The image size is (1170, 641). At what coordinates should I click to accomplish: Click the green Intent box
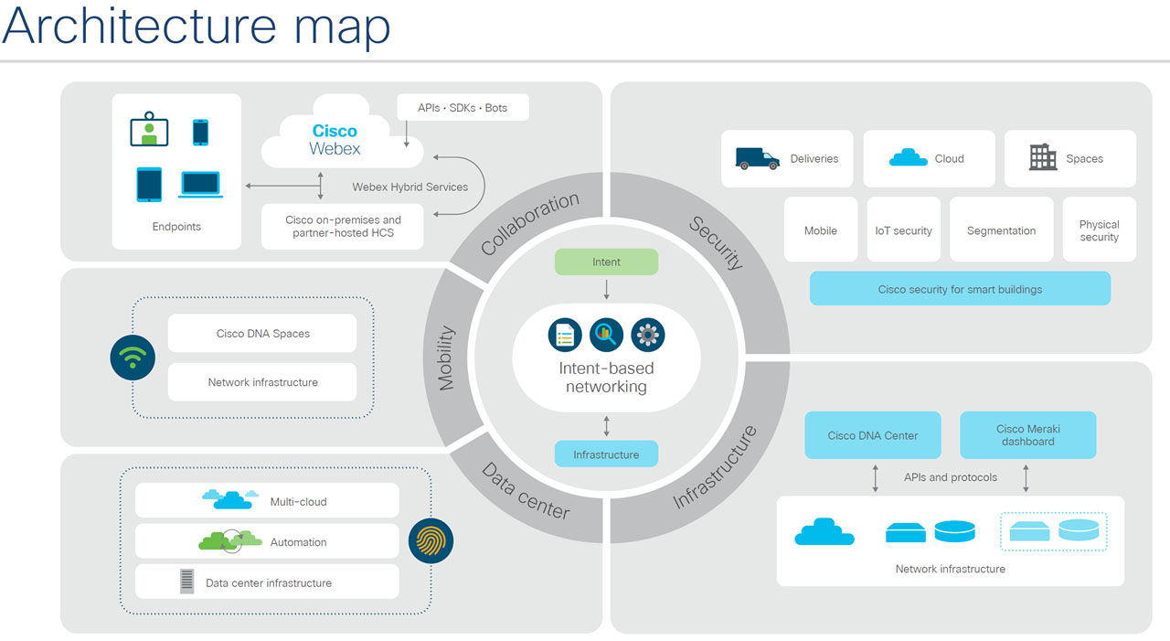606,262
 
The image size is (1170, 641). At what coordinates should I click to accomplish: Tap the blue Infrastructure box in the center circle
606,454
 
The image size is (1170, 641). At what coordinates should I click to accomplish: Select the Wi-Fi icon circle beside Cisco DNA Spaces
133,358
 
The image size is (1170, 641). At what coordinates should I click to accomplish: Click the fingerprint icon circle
431,541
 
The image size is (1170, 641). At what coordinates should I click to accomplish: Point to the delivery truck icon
757,158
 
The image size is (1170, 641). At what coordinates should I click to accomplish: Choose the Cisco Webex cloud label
335,140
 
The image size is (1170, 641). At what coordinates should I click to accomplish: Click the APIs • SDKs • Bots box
463,108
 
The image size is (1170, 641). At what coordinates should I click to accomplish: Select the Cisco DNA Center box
872,435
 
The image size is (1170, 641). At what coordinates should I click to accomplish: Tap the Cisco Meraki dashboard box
1027,435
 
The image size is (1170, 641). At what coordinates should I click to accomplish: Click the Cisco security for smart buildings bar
960,289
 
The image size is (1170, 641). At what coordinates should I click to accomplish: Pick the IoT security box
903,230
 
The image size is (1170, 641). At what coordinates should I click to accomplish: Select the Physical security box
1099,230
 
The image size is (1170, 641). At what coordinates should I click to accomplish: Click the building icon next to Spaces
1043,157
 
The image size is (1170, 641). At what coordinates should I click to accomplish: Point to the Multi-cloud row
267,501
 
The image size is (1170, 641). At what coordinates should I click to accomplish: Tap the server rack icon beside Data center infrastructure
187,582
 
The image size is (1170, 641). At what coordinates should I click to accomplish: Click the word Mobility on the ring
446,359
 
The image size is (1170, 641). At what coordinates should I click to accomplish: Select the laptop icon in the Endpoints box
200,184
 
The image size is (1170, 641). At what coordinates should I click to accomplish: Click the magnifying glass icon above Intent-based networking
606,336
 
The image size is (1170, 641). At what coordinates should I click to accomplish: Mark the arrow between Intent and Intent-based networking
606,291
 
